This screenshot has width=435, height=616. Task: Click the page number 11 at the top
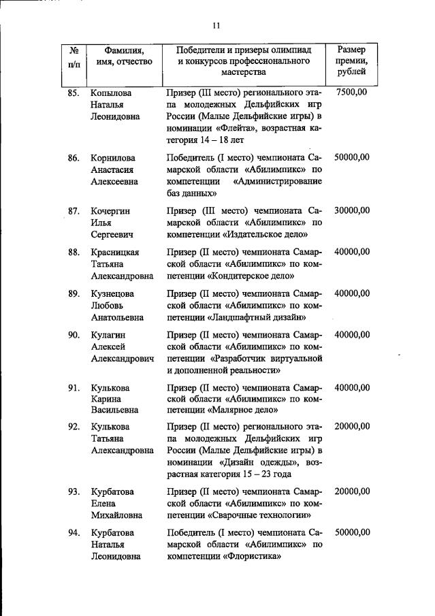tap(216, 26)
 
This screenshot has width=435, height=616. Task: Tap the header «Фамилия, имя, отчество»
tap(123, 55)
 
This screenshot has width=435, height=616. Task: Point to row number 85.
tap(74, 92)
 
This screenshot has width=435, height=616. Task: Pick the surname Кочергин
tap(111, 211)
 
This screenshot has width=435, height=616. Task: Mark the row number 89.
tap(74, 293)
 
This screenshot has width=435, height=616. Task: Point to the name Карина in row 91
tap(106, 399)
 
